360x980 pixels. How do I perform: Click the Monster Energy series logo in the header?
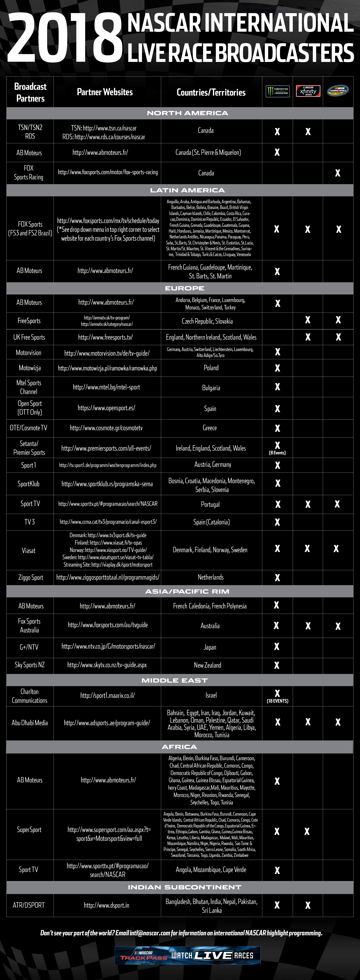277,91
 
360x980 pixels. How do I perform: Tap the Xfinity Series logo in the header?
308,91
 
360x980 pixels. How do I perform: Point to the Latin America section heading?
187,190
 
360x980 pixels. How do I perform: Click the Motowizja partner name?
30,368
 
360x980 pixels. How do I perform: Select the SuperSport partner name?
29,830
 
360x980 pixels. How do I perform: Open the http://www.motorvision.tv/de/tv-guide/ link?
107,353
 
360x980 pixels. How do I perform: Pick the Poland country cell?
211,368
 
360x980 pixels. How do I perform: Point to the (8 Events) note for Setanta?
277,453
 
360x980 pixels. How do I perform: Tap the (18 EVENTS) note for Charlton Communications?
277,701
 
